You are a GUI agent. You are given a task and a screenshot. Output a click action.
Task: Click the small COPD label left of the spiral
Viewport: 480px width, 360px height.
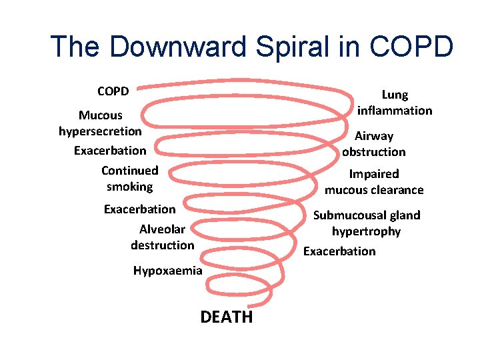pos(113,90)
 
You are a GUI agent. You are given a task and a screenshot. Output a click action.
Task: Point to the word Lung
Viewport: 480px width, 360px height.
pos(395,95)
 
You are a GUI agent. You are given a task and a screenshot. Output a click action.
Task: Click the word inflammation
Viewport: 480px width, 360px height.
pos(395,110)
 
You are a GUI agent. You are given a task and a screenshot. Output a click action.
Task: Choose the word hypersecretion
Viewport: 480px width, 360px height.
pos(100,131)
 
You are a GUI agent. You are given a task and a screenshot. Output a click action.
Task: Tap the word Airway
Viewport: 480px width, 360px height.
pos(374,136)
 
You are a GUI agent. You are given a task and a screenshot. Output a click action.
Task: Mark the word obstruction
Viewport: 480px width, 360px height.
pos(374,151)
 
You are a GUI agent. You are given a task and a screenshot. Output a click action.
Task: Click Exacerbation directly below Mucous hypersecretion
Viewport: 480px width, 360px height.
pos(110,150)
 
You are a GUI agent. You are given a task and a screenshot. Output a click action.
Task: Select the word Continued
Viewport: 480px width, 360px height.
pos(130,171)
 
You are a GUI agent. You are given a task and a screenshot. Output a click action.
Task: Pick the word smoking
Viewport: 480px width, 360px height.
pos(129,187)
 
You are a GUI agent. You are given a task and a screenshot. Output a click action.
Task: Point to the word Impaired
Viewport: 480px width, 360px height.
pos(374,174)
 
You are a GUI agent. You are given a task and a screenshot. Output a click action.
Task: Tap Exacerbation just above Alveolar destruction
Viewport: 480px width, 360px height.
pos(140,209)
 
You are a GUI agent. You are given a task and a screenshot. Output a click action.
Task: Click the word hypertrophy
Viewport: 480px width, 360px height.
pos(367,231)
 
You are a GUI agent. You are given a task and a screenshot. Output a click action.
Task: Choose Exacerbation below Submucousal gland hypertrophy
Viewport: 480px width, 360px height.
pos(339,251)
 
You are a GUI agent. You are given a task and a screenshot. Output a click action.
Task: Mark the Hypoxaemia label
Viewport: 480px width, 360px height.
pos(167,271)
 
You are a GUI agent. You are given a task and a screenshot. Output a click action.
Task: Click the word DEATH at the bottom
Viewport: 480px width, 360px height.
pos(227,317)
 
